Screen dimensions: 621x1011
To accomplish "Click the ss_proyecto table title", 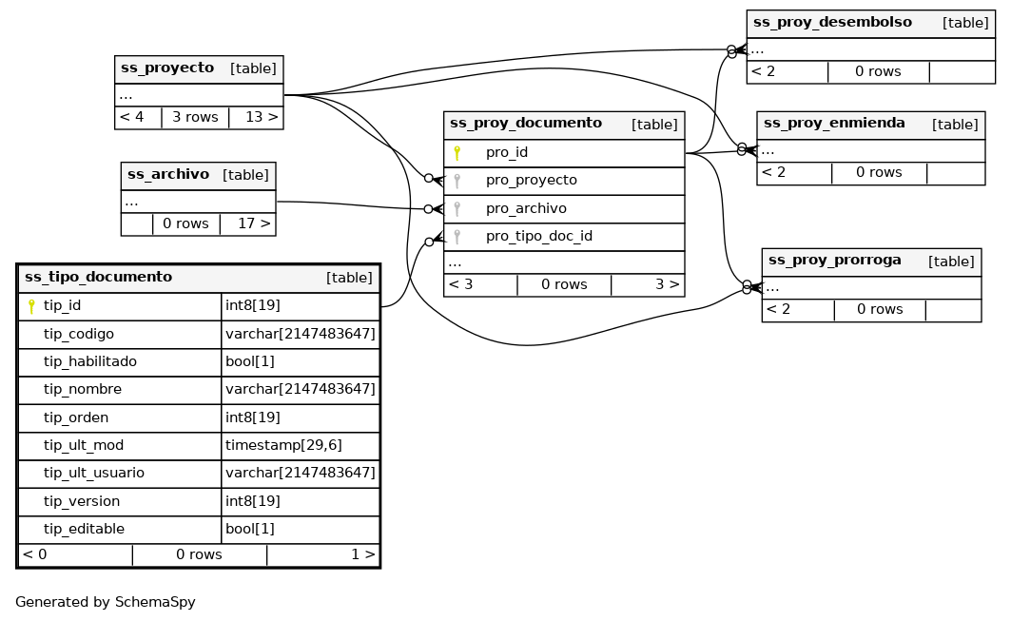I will point(167,68).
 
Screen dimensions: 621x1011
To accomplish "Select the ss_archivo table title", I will point(168,175).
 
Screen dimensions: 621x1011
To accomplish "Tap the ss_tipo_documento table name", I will point(98,278).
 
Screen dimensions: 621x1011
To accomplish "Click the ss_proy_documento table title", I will point(525,124).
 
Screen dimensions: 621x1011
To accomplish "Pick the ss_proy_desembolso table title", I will point(832,23).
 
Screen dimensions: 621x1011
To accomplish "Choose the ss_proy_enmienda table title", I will point(834,124).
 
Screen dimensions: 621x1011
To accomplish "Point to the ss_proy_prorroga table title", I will point(834,261).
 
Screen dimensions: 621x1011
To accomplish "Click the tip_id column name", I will point(63,306).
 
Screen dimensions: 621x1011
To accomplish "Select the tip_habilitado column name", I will point(90,362).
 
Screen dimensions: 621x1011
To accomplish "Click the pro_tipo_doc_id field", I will point(539,236).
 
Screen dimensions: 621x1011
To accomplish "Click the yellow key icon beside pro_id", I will point(457,152).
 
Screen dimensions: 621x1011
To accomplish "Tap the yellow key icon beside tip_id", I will point(31,306).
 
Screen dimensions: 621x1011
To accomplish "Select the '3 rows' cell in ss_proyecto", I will point(195,118).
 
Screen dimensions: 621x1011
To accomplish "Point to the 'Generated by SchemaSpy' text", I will point(106,603).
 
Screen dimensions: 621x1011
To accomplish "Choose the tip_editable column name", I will point(84,530).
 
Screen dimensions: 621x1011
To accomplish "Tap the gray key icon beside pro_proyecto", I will point(457,181).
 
